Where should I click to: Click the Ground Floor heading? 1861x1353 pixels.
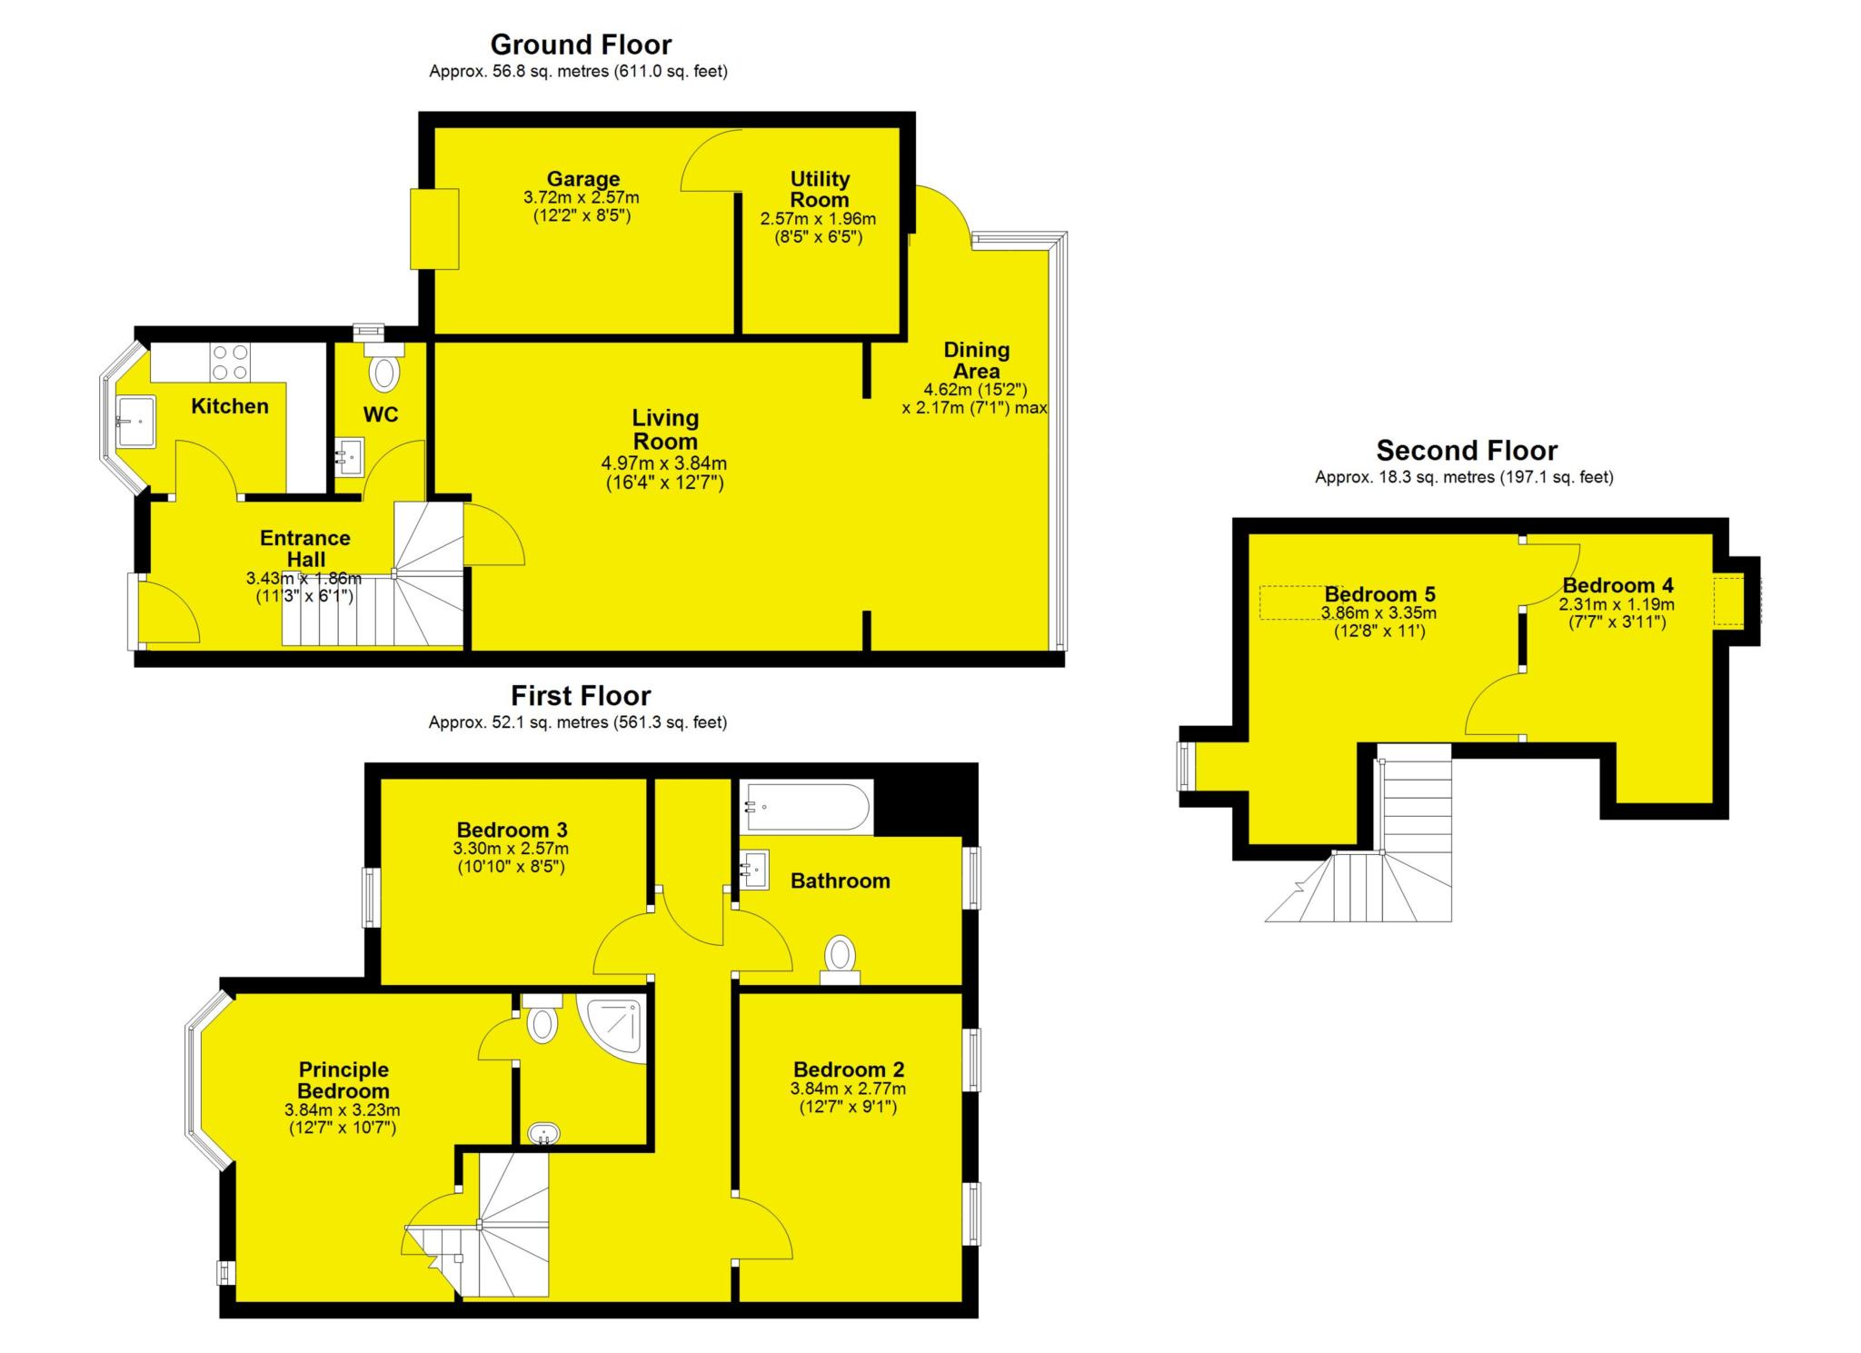click(581, 45)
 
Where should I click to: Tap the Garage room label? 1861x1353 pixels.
click(582, 179)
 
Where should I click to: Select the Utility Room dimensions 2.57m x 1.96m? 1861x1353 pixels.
click(818, 219)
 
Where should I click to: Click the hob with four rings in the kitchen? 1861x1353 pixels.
click(230, 362)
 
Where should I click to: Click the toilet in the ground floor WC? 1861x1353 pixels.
click(384, 372)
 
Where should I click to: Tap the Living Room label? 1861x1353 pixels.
click(665, 430)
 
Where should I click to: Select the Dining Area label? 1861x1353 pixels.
click(976, 360)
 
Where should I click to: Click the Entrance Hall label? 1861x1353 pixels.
click(304, 548)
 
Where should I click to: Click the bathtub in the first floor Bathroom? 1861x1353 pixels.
click(806, 807)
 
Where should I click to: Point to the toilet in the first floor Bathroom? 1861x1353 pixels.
click(841, 956)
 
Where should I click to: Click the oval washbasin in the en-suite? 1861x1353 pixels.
click(544, 1134)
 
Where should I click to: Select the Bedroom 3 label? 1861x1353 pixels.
click(512, 830)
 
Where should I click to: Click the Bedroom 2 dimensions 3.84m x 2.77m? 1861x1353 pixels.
click(848, 1089)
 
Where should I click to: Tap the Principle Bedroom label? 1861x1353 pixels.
click(343, 1080)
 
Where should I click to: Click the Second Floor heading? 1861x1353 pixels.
click(1467, 451)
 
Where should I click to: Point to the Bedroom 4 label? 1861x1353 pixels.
click(1617, 585)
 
